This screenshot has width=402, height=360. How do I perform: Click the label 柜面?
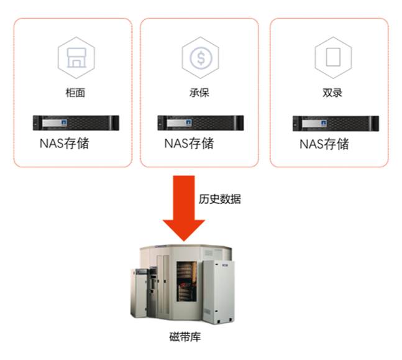[75, 93]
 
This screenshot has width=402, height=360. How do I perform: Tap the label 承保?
[199, 93]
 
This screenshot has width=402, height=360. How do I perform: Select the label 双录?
[332, 93]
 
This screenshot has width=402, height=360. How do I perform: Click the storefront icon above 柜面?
[76, 58]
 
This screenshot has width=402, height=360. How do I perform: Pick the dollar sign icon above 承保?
[201, 58]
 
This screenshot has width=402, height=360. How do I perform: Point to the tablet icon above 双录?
[333, 57]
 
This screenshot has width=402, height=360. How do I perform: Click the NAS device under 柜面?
[76, 123]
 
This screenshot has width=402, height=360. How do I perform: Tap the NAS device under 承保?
[201, 123]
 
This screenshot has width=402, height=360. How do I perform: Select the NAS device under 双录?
[336, 124]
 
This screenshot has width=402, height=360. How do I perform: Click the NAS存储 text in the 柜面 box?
[65, 144]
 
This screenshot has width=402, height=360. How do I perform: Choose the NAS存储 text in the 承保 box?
[189, 144]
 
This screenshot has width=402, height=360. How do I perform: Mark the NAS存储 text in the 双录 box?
[324, 144]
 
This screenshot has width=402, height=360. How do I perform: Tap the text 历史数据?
[220, 199]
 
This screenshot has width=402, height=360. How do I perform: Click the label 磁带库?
[185, 337]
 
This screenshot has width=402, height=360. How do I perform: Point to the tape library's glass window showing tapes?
[186, 282]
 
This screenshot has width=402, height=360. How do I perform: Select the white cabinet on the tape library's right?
[219, 292]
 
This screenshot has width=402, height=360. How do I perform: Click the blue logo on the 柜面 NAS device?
[64, 122]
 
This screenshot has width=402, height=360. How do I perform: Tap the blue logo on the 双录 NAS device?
[324, 123]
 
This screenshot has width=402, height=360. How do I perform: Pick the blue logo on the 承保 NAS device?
[188, 122]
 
